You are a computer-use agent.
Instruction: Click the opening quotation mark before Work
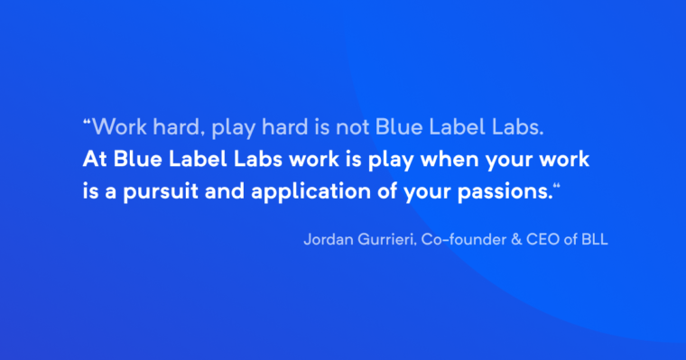click(87, 123)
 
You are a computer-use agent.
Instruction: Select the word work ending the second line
click(564, 160)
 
